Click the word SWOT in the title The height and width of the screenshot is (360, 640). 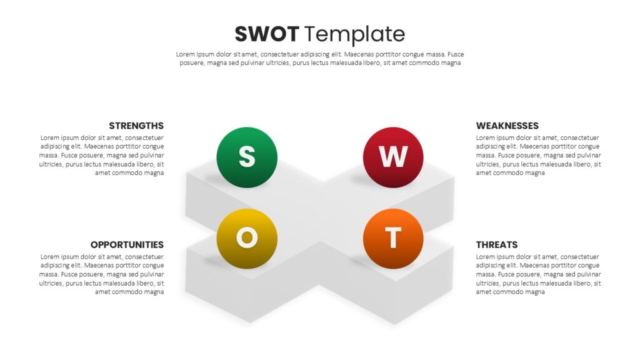[267, 34]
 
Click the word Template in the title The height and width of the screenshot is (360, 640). [355, 35]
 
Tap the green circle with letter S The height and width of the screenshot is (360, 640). [247, 157]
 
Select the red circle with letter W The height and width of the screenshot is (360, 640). [393, 157]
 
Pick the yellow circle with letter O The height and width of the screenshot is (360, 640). [247, 239]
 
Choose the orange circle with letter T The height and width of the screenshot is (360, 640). [393, 239]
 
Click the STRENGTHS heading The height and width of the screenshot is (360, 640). [136, 126]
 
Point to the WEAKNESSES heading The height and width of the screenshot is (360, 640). [507, 126]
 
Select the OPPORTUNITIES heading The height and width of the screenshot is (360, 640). [127, 245]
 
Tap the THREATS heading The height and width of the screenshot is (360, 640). [497, 245]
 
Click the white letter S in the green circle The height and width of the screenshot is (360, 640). [247, 156]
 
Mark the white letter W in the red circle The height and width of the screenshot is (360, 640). [393, 156]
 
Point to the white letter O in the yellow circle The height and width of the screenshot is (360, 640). [247, 237]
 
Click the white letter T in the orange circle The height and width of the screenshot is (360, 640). [393, 237]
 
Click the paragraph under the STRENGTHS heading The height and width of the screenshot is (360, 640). [102, 156]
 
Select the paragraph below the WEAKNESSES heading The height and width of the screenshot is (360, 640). [538, 156]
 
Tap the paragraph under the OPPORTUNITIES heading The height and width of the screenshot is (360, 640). [102, 274]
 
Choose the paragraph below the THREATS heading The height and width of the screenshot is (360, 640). [538, 274]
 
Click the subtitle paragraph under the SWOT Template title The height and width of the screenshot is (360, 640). [320, 59]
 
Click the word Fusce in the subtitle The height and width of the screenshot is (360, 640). [456, 54]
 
